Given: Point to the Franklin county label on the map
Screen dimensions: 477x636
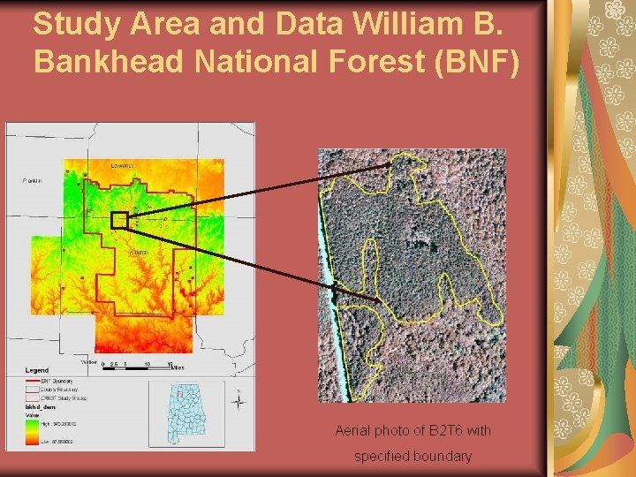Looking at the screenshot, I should pos(33,180).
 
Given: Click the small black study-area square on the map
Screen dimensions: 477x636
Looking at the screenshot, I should pos(119,220).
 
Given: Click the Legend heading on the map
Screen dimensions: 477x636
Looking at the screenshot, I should pos(36,370).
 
